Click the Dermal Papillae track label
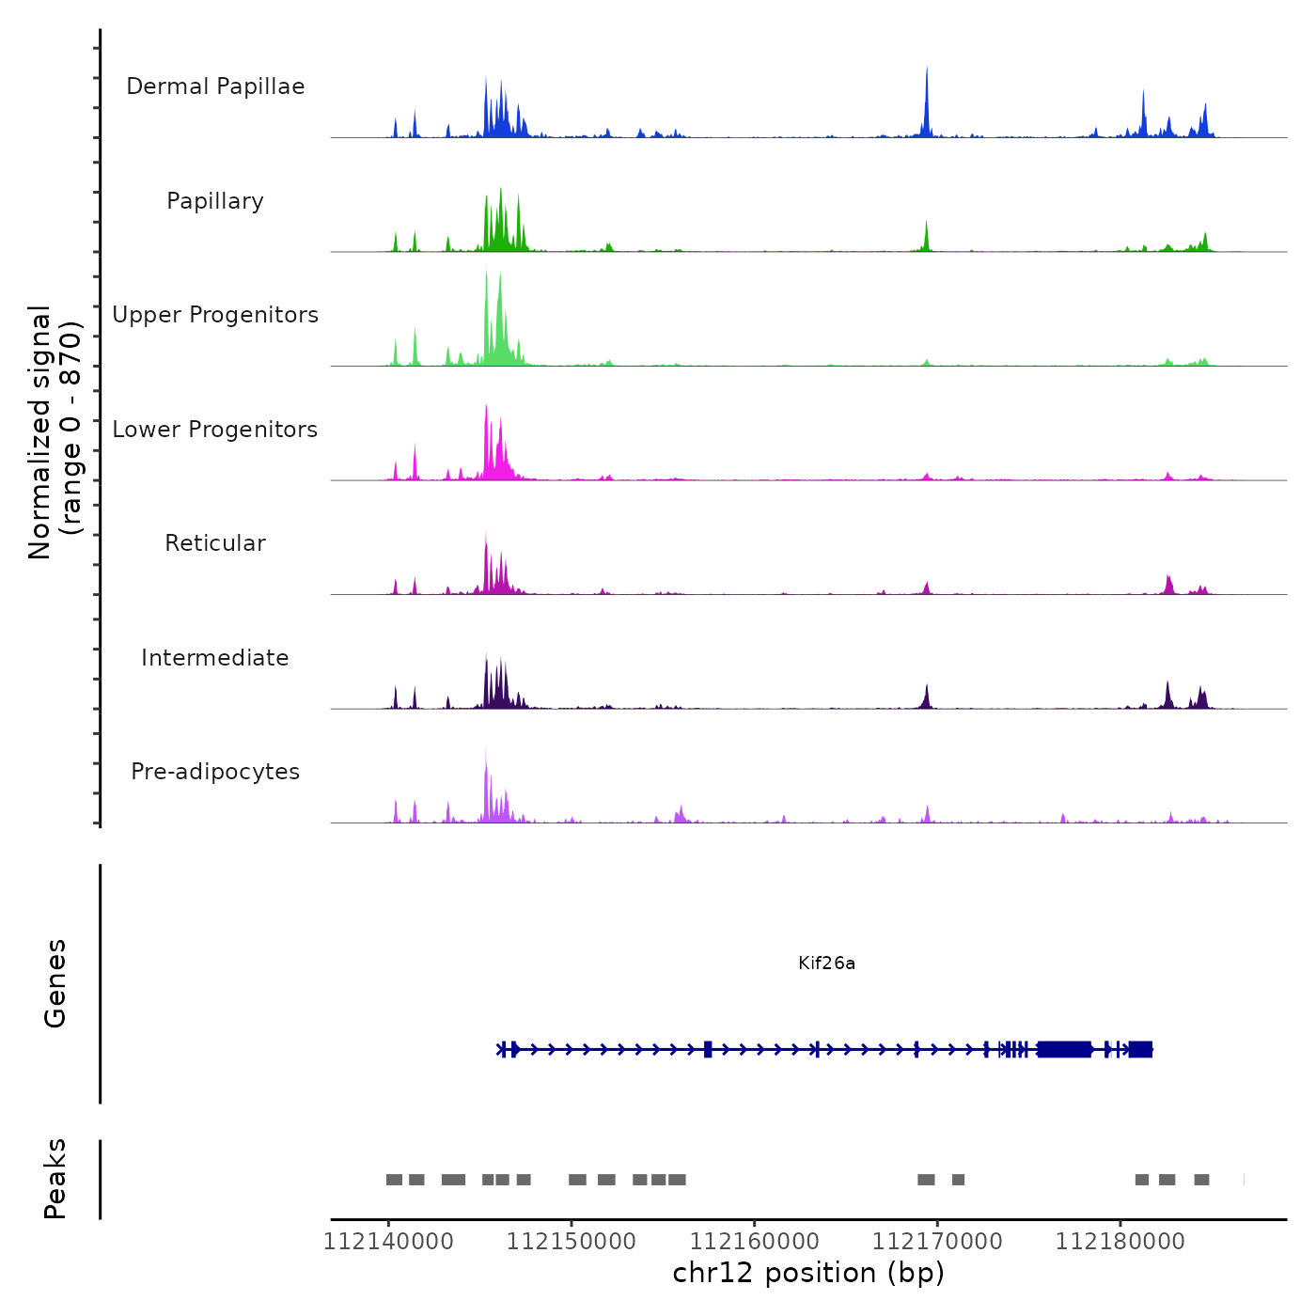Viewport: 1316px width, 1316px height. coord(215,86)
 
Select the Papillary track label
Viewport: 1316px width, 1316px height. coord(215,201)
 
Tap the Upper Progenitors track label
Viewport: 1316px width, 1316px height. coord(215,315)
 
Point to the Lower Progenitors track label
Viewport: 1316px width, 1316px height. coord(215,430)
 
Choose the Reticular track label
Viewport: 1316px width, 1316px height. coord(215,543)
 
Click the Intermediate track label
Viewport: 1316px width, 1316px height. coord(215,658)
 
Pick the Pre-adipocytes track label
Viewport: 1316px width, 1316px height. coord(215,772)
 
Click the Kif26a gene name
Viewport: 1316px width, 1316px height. coord(826,963)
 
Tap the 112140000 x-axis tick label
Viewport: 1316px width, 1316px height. coord(388,1242)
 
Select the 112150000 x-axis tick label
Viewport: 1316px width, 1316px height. coord(572,1242)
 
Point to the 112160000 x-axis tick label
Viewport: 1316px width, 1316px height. coord(754,1242)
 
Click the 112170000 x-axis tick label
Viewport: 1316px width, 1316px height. coord(937,1242)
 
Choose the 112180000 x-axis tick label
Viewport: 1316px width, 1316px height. coord(1120,1242)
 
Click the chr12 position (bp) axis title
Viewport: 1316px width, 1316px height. coord(808,1273)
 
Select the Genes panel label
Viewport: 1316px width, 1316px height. coord(55,983)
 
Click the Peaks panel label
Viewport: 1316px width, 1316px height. coord(55,1179)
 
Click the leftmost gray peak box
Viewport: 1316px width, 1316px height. coord(394,1180)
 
